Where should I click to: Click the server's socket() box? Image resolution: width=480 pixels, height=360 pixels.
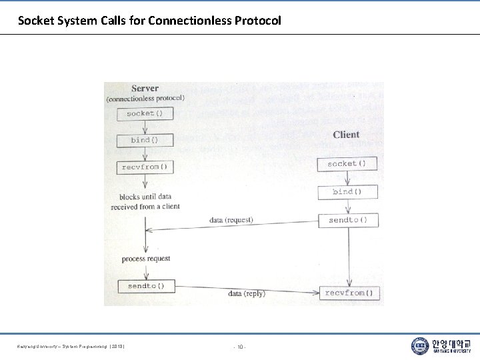(x=145, y=113)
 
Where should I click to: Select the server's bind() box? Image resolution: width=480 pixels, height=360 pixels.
(x=145, y=140)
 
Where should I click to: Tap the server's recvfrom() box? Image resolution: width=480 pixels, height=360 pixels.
(x=145, y=167)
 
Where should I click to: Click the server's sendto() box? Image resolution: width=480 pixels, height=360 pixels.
(x=146, y=286)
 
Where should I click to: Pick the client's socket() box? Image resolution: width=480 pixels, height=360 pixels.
(x=347, y=163)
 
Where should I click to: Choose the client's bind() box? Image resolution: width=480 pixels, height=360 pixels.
(x=347, y=191)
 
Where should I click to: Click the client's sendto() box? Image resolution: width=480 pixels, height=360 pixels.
(x=347, y=220)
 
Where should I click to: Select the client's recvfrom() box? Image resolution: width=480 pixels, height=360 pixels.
(x=349, y=293)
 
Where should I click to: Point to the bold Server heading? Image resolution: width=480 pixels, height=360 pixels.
(x=145, y=88)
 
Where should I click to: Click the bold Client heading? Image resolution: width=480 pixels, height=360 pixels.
(x=346, y=135)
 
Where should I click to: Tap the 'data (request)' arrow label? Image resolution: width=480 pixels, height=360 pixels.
(x=231, y=220)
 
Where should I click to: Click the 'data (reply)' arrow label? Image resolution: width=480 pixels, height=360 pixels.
(x=246, y=293)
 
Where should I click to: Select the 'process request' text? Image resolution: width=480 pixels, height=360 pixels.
(x=146, y=259)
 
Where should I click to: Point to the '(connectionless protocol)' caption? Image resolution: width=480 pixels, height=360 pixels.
(x=145, y=99)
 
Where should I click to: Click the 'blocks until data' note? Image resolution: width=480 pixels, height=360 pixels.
(x=145, y=197)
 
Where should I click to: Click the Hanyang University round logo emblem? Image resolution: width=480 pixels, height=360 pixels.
(x=420, y=345)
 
